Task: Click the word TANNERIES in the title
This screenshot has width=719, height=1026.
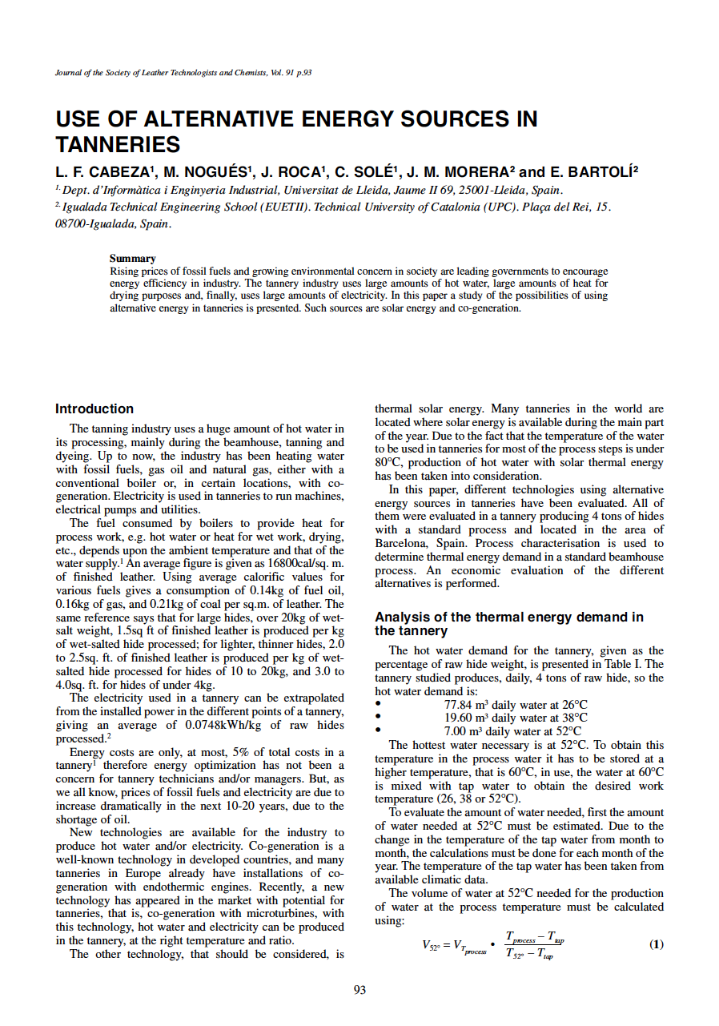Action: pyautogui.click(x=118, y=145)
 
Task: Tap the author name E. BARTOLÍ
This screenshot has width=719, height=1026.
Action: pyautogui.click(x=593, y=172)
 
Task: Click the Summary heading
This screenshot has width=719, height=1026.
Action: pyautogui.click(x=132, y=259)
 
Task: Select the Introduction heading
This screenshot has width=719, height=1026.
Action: pyautogui.click(x=94, y=408)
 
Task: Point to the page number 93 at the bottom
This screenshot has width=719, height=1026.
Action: pyautogui.click(x=359, y=990)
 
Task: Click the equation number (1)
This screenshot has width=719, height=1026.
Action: pyautogui.click(x=657, y=944)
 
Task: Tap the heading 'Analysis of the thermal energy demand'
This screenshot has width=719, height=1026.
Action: pyautogui.click(x=508, y=618)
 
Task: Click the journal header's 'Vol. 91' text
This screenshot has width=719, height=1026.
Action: pyautogui.click(x=275, y=73)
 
